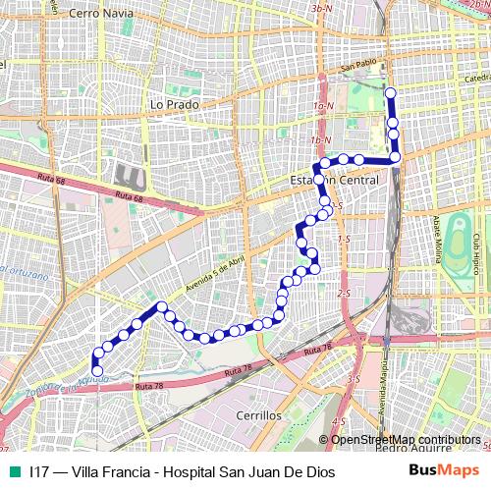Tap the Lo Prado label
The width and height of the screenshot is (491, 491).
(x=175, y=103)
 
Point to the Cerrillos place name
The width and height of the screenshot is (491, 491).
(x=259, y=415)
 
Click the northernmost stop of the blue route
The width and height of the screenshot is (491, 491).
(x=390, y=94)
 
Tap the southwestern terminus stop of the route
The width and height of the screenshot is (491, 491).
(x=96, y=370)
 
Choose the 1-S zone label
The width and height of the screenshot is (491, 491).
(x=344, y=239)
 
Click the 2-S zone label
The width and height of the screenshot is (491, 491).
(x=344, y=293)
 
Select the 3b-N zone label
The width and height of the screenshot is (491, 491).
(x=320, y=9)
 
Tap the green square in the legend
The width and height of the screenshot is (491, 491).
(x=14, y=472)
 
